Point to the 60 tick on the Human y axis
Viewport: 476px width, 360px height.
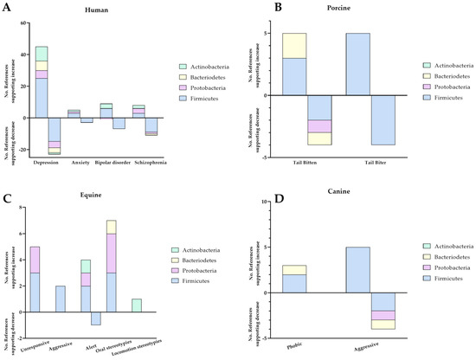24,23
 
